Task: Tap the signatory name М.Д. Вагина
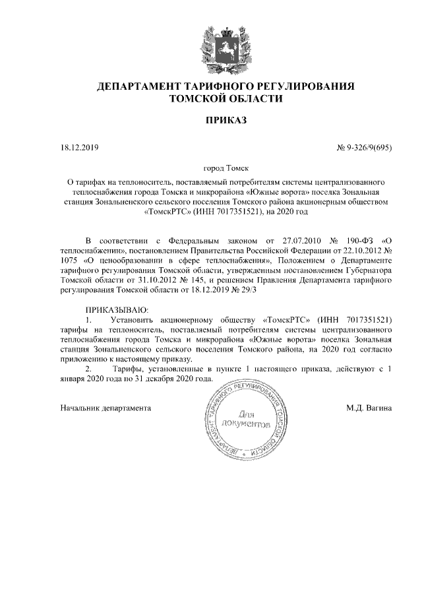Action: pyautogui.click(x=369, y=408)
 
